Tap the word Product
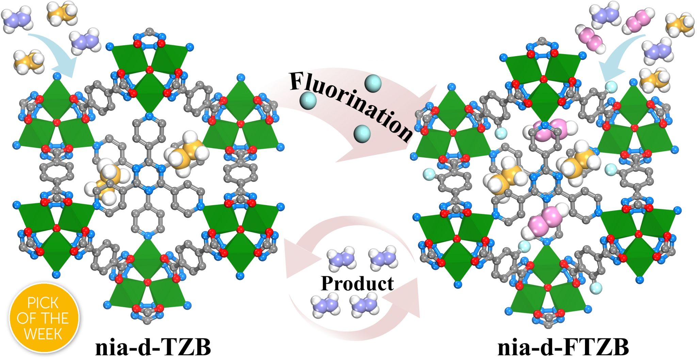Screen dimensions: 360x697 click(x=357, y=283)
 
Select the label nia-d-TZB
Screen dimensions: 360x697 click(x=153, y=348)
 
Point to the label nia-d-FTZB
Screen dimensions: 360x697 click(x=563, y=348)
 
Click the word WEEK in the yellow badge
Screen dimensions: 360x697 click(x=43, y=333)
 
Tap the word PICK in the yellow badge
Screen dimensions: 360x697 click(x=43, y=302)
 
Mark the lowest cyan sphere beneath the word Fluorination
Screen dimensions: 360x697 click(x=362, y=133)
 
